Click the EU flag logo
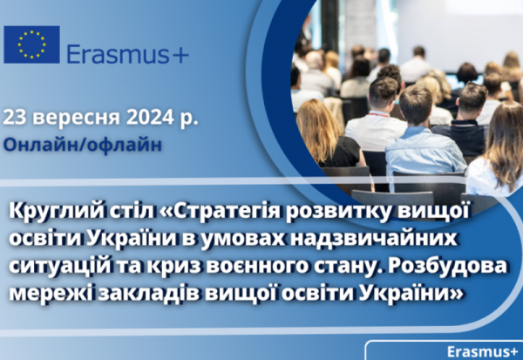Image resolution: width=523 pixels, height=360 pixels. pyautogui.click(x=31, y=44)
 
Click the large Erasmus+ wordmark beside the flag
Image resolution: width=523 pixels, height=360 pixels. pyautogui.click(x=128, y=54)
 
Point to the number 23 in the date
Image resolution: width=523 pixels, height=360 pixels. pyautogui.click(x=15, y=118)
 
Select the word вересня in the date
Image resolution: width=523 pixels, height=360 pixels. pyautogui.click(x=77, y=119)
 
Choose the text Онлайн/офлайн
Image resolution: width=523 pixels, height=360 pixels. pyautogui.click(x=83, y=146)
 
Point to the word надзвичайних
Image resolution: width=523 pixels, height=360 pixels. pyautogui.click(x=373, y=239)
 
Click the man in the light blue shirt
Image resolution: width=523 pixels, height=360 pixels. pyautogui.click(x=422, y=140)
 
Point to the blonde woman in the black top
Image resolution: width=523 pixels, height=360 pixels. pyautogui.click(x=329, y=133)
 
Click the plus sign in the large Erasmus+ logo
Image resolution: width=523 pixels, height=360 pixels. pyautogui.click(x=180, y=56)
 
